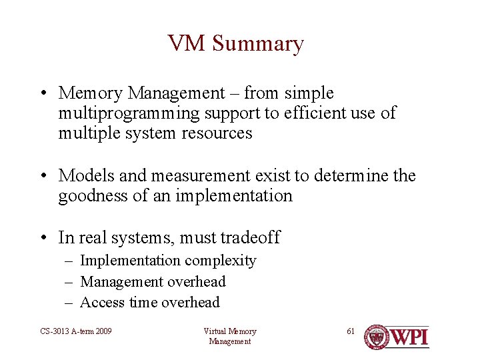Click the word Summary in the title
[258, 44]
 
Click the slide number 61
[351, 331]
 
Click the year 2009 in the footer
[101, 331]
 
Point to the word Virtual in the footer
[215, 331]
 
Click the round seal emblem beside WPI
[377, 337]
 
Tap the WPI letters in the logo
[409, 337]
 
